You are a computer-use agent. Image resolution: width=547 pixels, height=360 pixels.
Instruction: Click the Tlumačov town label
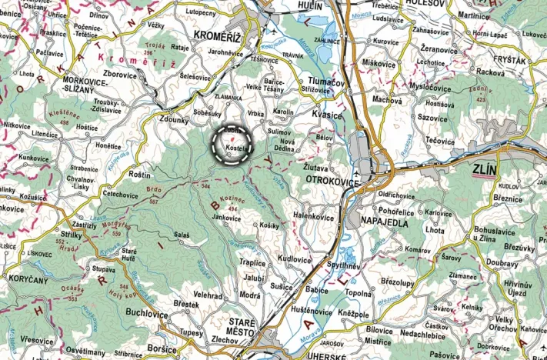pyautogui.click(x=313, y=85)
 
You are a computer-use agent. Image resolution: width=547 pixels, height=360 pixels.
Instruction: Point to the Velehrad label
pyautogui.click(x=187, y=295)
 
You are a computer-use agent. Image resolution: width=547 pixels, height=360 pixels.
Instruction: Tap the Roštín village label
pyautogui.click(x=139, y=175)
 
